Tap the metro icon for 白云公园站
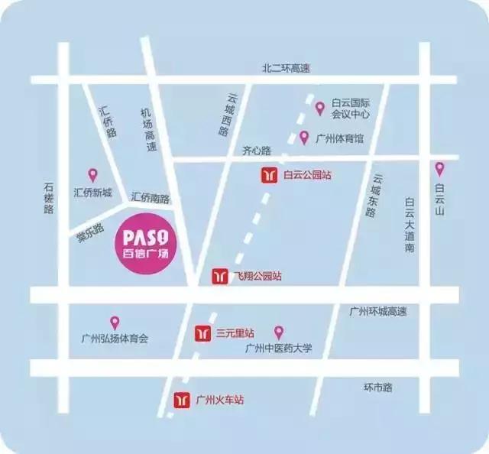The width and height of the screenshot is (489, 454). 269,175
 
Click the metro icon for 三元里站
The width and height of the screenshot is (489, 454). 202,333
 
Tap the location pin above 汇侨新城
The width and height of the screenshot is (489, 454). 93,175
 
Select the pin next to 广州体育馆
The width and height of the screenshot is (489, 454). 304,138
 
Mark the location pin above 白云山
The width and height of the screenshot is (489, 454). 439,169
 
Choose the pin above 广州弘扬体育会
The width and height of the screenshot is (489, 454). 115,323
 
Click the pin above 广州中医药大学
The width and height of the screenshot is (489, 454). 279,332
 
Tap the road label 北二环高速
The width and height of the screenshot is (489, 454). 287,69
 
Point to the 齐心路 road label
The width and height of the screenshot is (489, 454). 257,151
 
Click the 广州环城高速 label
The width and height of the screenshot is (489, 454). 377,311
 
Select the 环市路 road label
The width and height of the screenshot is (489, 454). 377,388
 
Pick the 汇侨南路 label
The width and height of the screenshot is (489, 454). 150,197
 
